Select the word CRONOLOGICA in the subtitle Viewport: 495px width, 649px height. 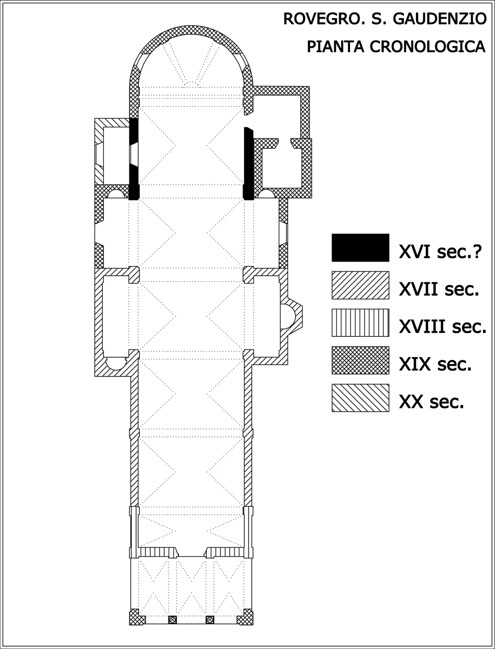[428, 47]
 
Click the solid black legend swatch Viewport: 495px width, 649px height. [361, 247]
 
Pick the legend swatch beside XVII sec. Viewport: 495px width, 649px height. [361, 285]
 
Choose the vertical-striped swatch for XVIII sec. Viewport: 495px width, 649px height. [361, 323]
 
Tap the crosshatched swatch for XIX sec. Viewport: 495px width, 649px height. [361, 360]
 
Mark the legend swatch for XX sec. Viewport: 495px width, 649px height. [361, 398]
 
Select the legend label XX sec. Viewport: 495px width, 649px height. [431, 402]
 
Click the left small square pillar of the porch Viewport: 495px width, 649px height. [172, 620]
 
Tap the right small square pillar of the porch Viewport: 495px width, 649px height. [210, 620]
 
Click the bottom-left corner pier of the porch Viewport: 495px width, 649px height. [137, 617]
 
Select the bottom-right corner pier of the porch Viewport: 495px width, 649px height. [245, 617]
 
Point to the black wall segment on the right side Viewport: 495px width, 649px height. [248, 164]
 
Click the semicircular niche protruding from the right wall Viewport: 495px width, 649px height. [292, 316]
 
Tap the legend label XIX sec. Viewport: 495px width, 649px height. [435, 364]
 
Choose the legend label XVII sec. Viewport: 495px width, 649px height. [439, 289]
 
